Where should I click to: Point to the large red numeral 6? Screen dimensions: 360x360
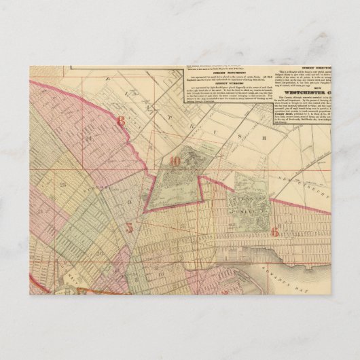274,232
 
